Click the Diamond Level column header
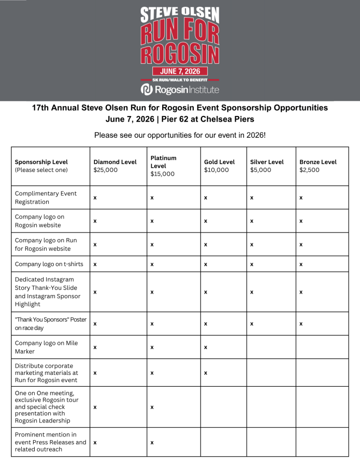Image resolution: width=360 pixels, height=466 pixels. (x=115, y=166)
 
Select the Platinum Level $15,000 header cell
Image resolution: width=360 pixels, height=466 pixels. (x=163, y=166)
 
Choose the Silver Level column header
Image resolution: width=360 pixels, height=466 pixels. (x=267, y=166)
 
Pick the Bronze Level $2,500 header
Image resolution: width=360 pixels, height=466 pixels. (x=318, y=166)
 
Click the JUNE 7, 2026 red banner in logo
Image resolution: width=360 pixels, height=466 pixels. (x=180, y=71)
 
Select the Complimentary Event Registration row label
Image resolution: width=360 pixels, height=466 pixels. (x=46, y=197)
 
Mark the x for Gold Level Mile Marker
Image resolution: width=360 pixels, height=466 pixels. (x=206, y=347)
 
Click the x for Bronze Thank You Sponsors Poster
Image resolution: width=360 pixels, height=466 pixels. (x=301, y=324)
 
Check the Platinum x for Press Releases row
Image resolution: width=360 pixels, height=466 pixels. (x=152, y=442)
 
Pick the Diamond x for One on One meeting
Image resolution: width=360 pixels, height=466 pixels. (x=95, y=407)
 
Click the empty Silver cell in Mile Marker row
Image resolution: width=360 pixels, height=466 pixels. (x=271, y=347)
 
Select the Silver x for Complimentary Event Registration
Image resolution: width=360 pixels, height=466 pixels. (x=252, y=198)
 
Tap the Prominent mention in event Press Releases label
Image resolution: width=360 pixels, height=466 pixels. (x=50, y=442)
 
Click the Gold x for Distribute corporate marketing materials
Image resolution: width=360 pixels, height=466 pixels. (x=206, y=372)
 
